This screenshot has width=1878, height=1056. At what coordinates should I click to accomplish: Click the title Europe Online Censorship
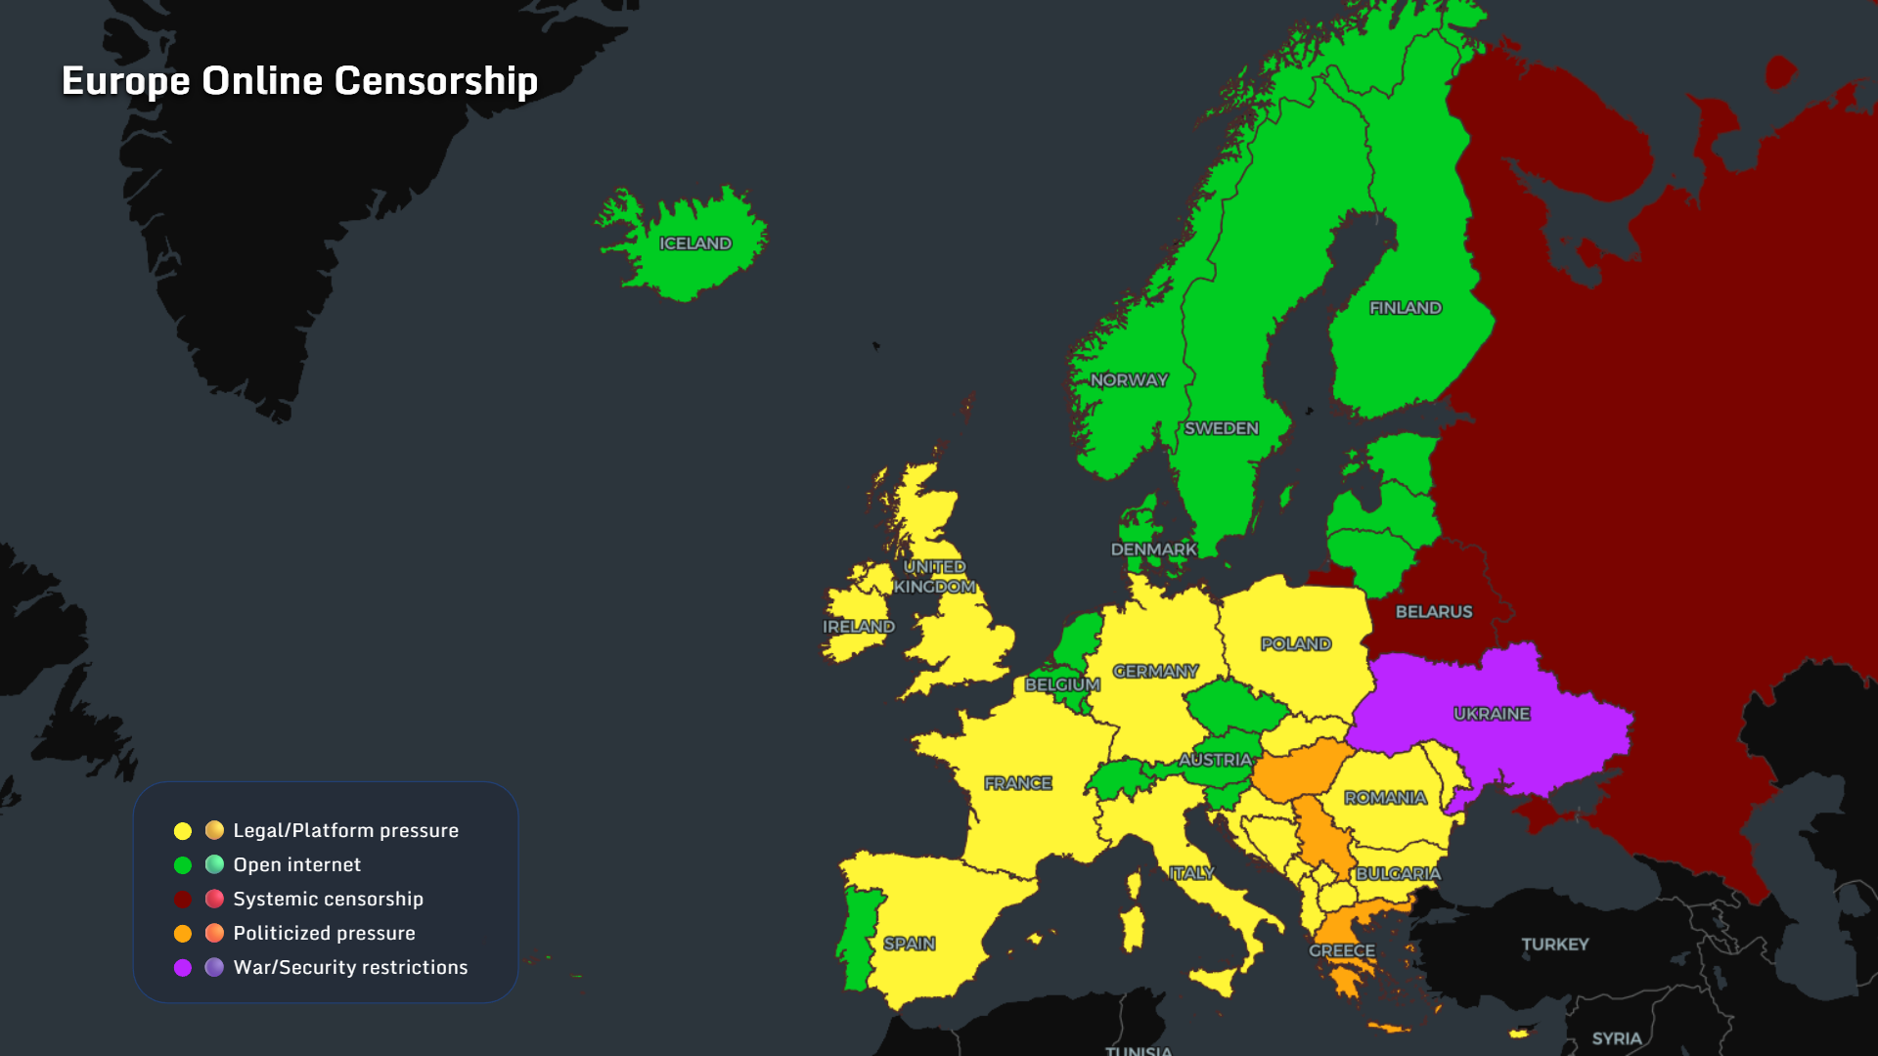[299, 80]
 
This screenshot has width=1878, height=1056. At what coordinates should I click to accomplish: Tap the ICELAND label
[695, 243]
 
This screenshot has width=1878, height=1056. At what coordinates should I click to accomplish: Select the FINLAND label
[1406, 308]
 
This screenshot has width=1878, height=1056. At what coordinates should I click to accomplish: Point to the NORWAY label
[1129, 380]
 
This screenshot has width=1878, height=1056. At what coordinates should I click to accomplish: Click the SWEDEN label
[1222, 428]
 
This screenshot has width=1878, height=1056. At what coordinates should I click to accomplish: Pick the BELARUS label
[1434, 612]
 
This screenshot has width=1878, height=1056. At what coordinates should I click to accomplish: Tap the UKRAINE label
[1492, 714]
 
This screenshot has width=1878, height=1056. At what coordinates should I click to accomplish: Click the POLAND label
[1296, 643]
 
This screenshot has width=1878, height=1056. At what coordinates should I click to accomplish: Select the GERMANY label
[1155, 671]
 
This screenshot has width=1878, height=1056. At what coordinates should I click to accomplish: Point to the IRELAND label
[859, 627]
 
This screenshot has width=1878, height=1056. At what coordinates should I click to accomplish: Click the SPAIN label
[910, 944]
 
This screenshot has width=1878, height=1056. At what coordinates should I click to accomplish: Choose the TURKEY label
[1555, 945]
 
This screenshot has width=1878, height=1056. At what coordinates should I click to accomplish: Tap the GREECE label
[1342, 950]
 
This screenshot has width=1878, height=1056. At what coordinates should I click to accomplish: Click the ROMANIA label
[1385, 798]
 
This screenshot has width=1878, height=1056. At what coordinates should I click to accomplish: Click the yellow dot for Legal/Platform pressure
[183, 831]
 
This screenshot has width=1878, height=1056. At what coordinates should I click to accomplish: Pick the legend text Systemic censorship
[328, 899]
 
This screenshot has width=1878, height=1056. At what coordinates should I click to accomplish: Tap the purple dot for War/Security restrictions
[183, 968]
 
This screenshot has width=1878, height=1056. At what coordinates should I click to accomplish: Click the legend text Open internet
[296, 864]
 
